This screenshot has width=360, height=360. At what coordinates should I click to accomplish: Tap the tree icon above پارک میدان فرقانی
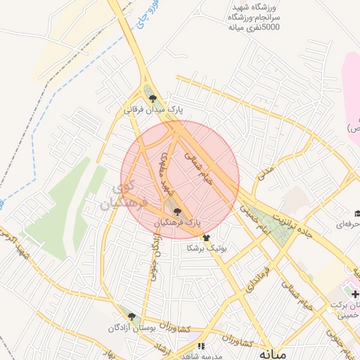153,99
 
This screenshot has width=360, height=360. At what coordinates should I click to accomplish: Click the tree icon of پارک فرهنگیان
176,211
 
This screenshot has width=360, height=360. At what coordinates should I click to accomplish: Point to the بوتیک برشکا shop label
206,248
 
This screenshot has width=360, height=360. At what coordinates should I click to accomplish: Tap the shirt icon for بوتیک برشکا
205,238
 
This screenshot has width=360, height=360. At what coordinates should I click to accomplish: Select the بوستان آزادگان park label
130,328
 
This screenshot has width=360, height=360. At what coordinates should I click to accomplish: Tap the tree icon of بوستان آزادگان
130,316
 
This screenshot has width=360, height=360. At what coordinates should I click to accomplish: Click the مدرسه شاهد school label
201,356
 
